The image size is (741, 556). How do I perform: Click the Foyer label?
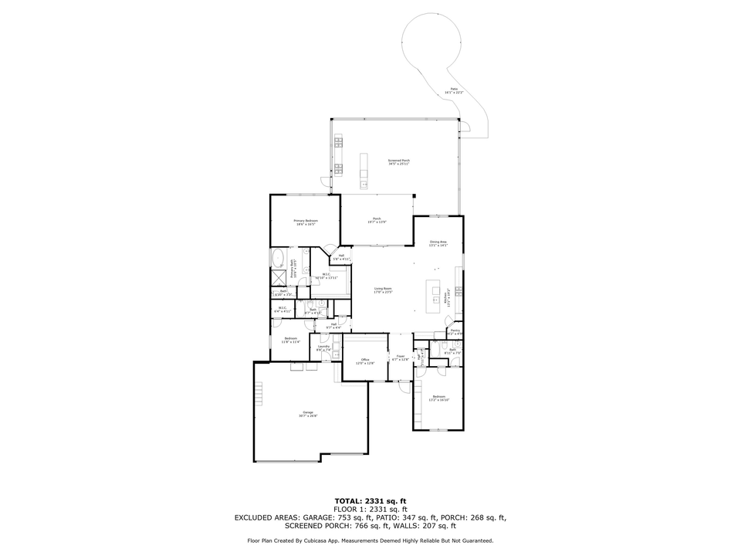[400, 358]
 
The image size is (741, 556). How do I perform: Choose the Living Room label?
[384, 290]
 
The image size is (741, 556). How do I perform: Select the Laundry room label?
[324, 348]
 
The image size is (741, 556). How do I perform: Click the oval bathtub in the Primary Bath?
[277, 257]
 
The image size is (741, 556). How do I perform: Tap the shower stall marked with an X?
[277, 279]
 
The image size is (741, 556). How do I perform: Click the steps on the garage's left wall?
[260, 395]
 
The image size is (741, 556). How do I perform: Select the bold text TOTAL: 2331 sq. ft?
[370, 501]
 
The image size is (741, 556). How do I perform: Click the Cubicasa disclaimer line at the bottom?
[370, 541]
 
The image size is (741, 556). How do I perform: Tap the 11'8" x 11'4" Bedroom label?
[291, 341]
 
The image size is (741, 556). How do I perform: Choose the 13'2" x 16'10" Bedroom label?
[439, 398]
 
